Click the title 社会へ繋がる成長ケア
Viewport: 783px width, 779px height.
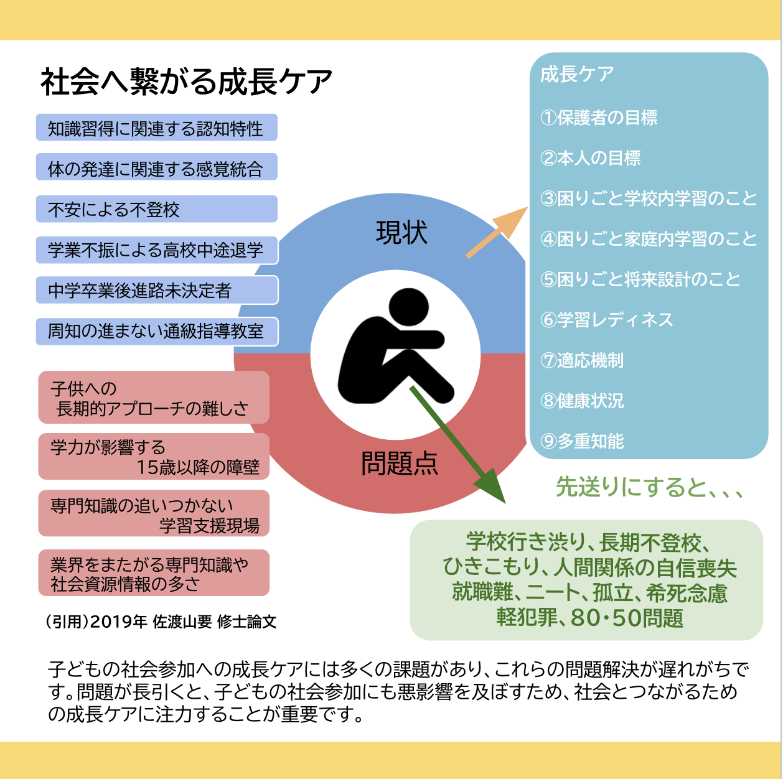tap(186, 82)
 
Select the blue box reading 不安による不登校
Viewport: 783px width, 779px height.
tap(156, 209)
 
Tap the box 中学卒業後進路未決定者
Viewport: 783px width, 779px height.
tap(157, 291)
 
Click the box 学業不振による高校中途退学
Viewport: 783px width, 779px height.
tap(157, 250)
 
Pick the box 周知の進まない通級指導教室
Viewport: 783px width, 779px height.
tap(157, 331)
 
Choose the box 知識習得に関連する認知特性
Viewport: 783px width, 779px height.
tap(156, 128)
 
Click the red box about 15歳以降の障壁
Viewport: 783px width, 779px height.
tap(154, 457)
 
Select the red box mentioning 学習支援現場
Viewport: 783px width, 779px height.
tap(154, 514)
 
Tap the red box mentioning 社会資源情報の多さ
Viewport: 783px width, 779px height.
tap(154, 573)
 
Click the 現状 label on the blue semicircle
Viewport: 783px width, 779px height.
tap(401, 233)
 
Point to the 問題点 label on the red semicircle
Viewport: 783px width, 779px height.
tap(400, 464)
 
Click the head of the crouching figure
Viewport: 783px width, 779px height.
tap(409, 306)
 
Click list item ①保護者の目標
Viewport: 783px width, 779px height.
tap(599, 118)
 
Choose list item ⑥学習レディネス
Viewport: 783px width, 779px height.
tap(607, 320)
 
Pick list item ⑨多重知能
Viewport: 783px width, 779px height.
tap(582, 441)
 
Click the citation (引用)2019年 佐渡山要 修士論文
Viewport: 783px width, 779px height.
tap(161, 622)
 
